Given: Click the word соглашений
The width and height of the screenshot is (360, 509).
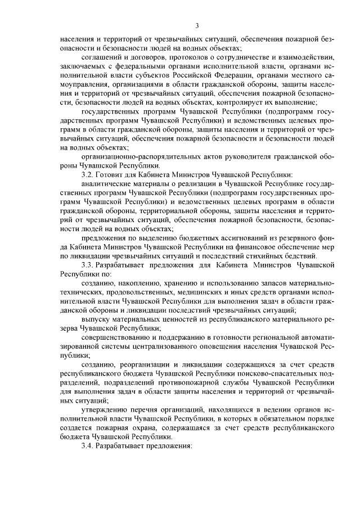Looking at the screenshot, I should click(102, 57).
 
